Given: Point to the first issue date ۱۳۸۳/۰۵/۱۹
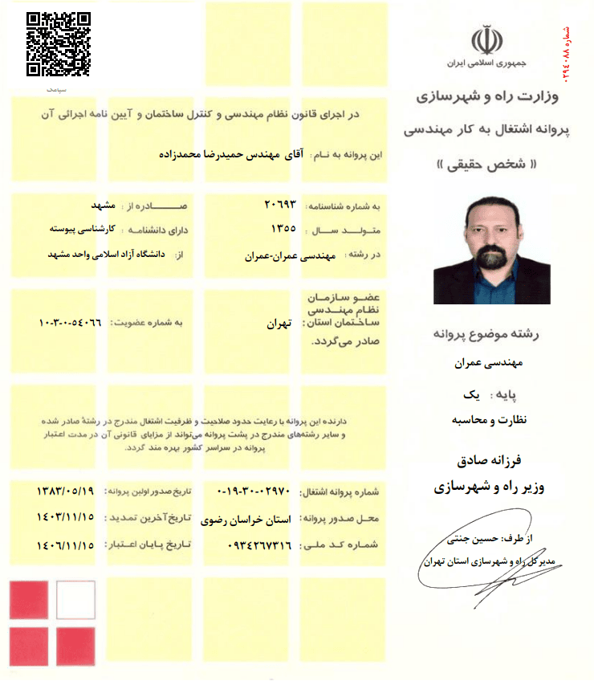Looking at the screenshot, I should (x=66, y=491).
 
